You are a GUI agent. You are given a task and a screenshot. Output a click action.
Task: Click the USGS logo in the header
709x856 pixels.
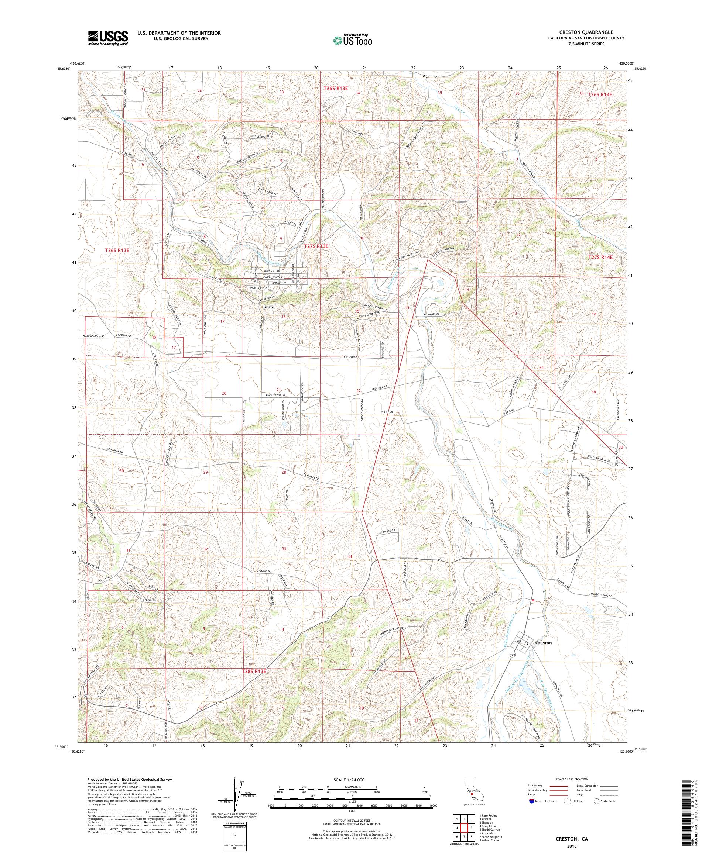(x=108, y=38)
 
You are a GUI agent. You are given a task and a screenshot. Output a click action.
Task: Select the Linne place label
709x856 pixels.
(x=268, y=307)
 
